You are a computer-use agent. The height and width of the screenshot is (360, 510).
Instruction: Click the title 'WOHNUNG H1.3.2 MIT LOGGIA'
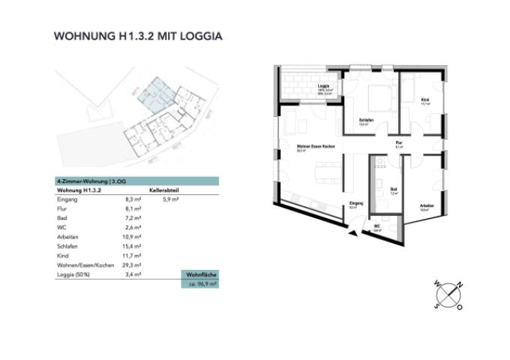[139, 35]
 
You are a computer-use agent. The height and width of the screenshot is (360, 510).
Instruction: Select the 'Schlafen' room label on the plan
[367, 120]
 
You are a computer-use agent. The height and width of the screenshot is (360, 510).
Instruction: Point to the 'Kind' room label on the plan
[424, 99]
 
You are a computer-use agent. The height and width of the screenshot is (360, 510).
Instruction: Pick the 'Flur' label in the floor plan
[400, 143]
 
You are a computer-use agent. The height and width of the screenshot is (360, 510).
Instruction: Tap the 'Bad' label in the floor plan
[393, 189]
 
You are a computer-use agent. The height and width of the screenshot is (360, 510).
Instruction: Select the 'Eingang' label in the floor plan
[356, 203]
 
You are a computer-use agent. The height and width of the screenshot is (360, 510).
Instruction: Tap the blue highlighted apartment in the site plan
[160, 96]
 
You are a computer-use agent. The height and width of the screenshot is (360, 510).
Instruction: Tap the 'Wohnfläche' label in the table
[200, 275]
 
